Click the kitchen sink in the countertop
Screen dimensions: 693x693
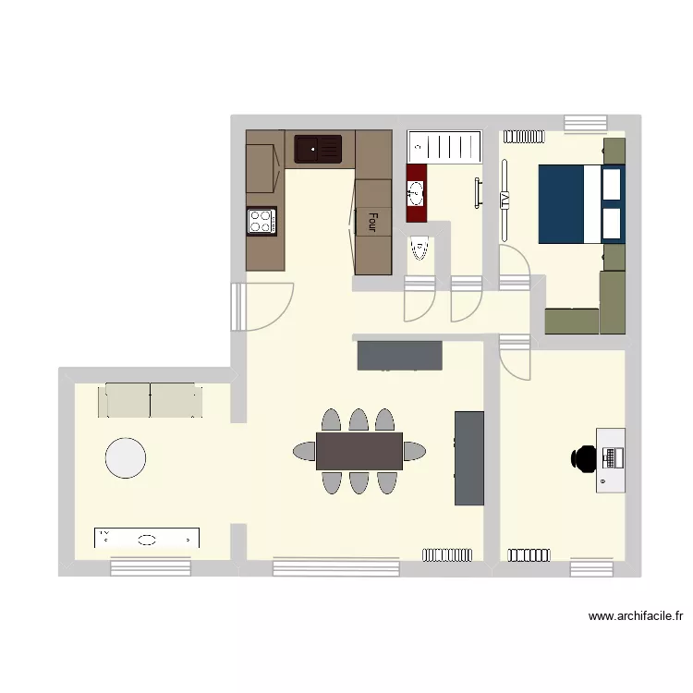[318, 149]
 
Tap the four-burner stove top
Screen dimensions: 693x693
[261, 221]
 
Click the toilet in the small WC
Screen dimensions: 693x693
[419, 249]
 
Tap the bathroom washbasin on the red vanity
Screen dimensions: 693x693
[416, 193]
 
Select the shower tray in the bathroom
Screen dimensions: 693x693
[445, 146]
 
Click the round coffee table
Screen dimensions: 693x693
[126, 458]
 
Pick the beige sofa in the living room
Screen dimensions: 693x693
[151, 400]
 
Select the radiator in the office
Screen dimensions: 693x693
[528, 554]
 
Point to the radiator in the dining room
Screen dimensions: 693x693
[447, 554]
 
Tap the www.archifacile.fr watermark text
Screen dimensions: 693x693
[635, 616]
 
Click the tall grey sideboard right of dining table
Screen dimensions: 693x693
[469, 458]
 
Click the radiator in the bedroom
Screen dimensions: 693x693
[522, 135]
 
